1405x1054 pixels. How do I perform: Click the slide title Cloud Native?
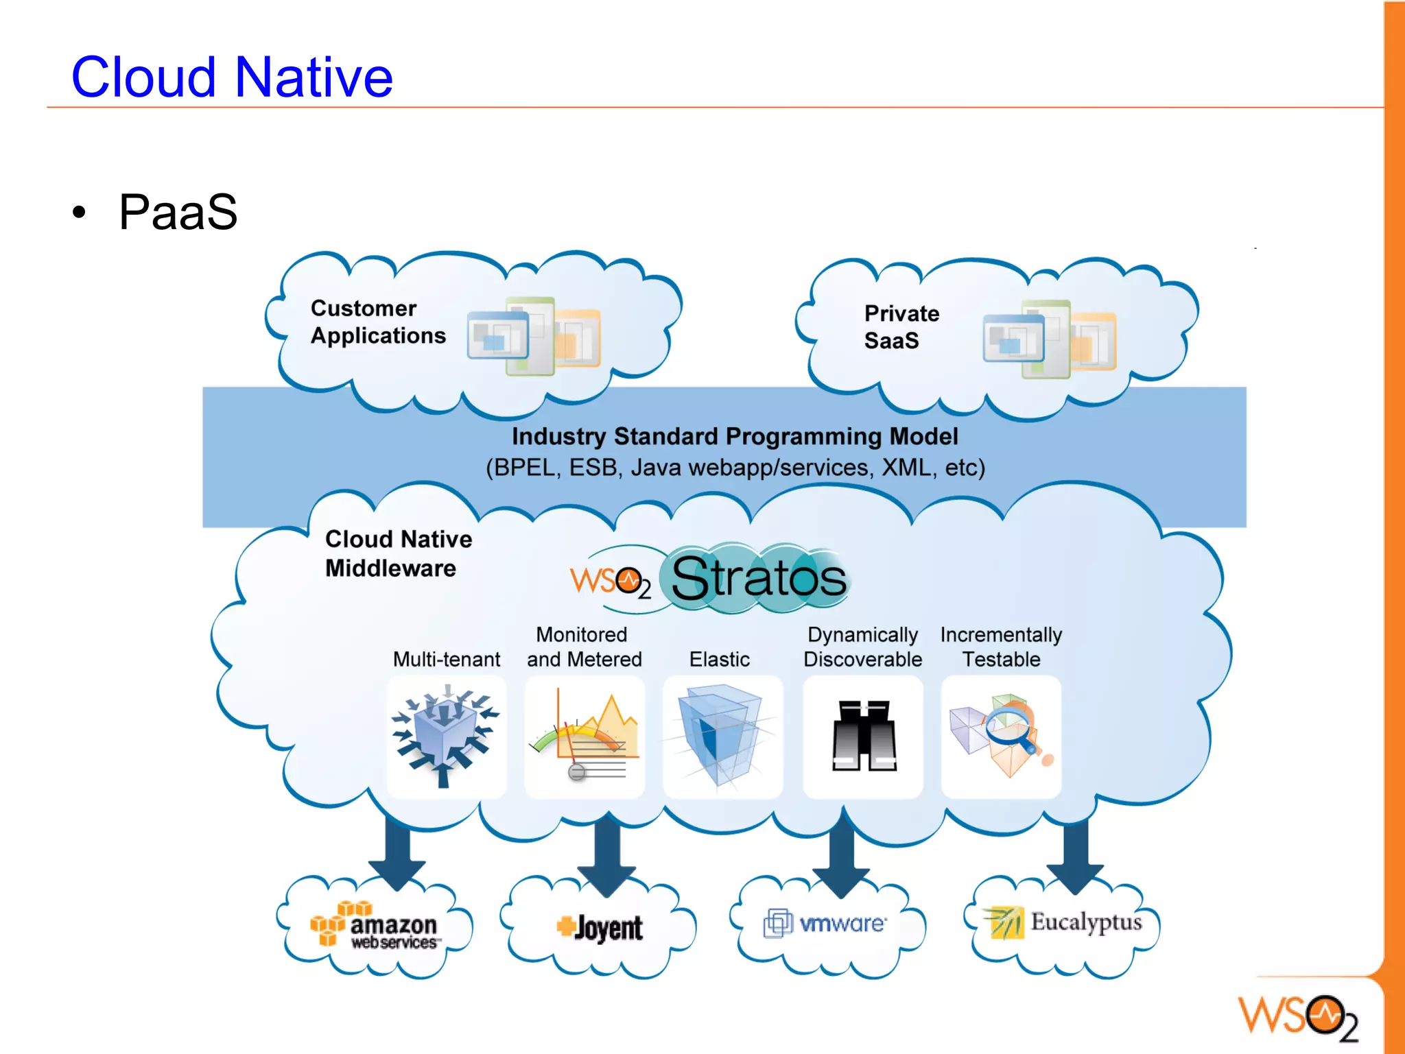coord(232,77)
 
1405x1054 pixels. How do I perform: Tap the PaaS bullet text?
coord(178,212)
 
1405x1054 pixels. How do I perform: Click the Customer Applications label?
coord(378,322)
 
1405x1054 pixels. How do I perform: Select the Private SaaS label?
coord(901,326)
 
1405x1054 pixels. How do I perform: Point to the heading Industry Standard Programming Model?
coord(735,437)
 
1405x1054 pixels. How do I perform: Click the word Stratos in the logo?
coord(758,578)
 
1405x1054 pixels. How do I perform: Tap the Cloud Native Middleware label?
coord(398,553)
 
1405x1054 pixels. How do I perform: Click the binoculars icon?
coord(863,736)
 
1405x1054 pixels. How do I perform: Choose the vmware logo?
coord(825,924)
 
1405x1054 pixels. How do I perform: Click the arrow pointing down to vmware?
coord(842,857)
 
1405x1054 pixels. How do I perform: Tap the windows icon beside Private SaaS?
coord(1049,339)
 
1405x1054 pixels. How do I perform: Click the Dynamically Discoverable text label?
coord(862,647)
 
